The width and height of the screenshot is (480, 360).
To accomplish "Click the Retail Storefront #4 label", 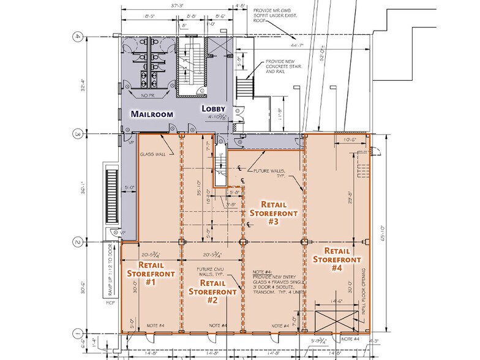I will pyautogui.click(x=337, y=259).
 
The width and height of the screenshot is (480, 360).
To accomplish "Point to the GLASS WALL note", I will pyautogui.click(x=153, y=154).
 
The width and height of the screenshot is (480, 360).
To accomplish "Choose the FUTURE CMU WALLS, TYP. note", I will pyautogui.click(x=212, y=272).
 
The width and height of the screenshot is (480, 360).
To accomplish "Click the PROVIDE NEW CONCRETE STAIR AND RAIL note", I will pyautogui.click(x=282, y=71).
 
